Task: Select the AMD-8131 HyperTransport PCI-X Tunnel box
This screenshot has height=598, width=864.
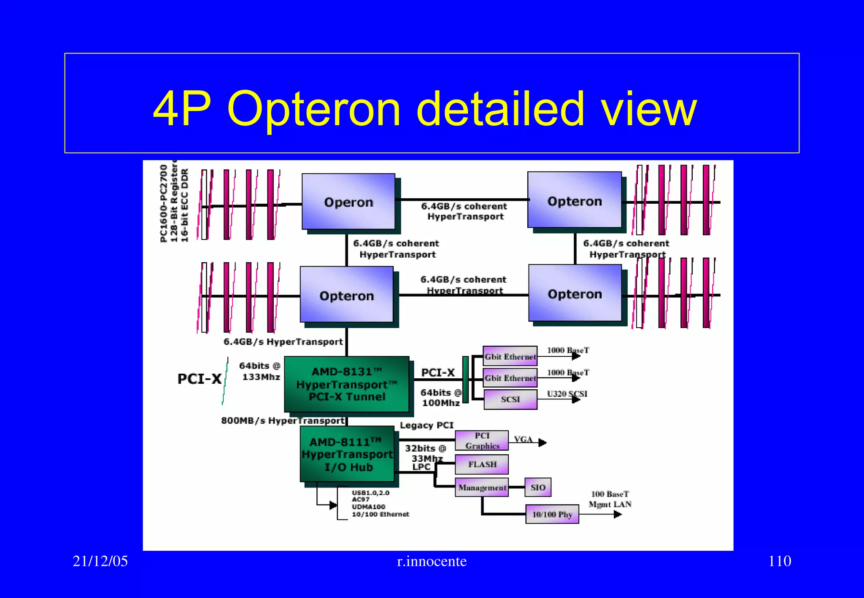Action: (x=346, y=384)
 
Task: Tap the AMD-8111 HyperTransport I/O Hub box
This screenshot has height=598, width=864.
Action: (x=347, y=454)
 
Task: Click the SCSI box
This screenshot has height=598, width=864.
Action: (x=510, y=399)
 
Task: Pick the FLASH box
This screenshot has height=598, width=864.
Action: (x=482, y=464)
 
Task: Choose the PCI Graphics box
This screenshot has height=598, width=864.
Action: (x=482, y=441)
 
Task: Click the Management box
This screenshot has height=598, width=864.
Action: (x=482, y=488)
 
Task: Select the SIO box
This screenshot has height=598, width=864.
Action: (x=538, y=488)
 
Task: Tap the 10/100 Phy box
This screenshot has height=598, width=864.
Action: (x=552, y=514)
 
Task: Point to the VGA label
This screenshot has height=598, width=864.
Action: (x=523, y=439)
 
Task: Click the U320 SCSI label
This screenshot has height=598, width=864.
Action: (x=567, y=394)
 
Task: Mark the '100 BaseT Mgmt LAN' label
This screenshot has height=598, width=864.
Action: (x=610, y=499)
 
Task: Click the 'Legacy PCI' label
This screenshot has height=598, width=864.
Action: (x=427, y=425)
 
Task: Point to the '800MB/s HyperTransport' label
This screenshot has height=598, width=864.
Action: (x=283, y=420)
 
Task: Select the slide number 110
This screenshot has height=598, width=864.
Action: (x=780, y=561)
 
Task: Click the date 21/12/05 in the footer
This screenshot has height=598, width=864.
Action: (x=100, y=561)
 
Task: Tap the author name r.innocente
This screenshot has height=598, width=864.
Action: (x=432, y=561)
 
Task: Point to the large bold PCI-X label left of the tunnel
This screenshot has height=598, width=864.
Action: (x=199, y=379)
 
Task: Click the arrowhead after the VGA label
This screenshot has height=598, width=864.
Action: (x=543, y=442)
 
